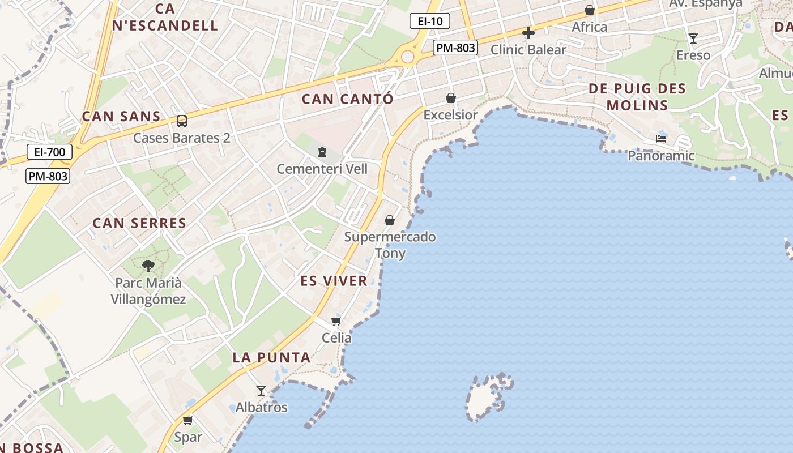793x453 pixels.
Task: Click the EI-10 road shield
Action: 429,22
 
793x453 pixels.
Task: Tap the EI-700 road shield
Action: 49,152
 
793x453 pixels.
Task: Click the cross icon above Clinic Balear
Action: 528,33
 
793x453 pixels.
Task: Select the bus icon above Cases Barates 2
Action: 181,121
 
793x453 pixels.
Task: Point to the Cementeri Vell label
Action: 322,169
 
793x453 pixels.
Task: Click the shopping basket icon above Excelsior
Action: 451,99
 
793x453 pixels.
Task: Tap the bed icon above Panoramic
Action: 660,138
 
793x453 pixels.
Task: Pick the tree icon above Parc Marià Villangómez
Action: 148,266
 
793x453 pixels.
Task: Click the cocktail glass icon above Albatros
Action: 261,391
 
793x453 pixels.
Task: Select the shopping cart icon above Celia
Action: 336,322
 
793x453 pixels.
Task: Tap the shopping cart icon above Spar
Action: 187,420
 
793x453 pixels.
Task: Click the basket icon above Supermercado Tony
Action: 390,220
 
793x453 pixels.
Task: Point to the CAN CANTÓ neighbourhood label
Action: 347,99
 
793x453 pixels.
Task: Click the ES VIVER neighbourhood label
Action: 334,281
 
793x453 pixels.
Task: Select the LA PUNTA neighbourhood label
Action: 271,357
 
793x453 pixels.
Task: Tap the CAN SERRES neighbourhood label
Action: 139,223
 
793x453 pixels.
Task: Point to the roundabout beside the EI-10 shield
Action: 407,56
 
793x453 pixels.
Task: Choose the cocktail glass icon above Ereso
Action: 693,39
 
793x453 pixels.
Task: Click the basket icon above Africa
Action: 589,10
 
